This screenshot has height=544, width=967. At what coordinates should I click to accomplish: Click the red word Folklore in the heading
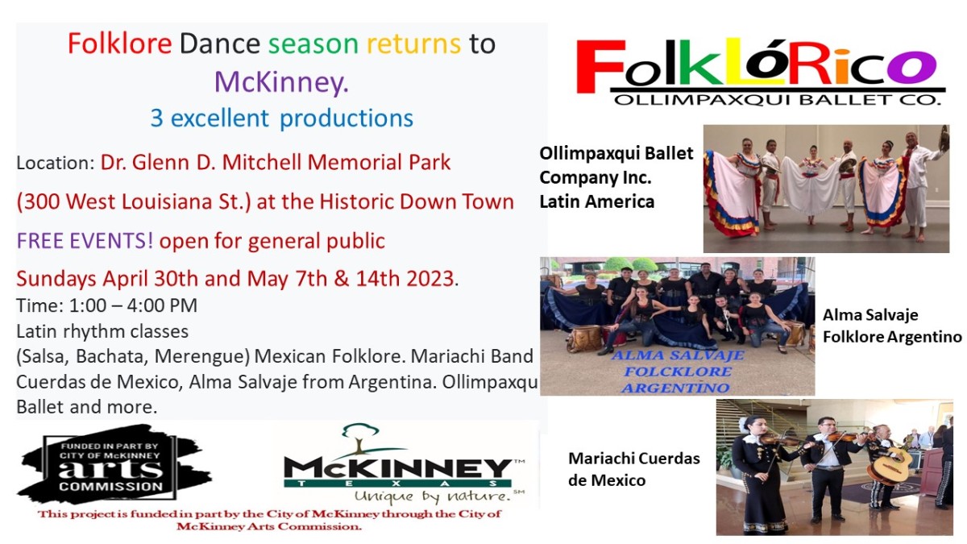(119, 44)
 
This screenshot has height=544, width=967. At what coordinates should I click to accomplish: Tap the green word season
(313, 44)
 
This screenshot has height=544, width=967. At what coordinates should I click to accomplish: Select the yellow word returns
(413, 44)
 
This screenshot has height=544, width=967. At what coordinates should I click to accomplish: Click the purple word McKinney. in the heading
(281, 82)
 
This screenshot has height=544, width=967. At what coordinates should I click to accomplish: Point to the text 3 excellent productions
(281, 118)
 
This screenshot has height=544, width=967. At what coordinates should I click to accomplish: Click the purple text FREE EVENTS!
(85, 241)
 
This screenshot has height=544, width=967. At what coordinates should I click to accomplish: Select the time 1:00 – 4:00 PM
(133, 305)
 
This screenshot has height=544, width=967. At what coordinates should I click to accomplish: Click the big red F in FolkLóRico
(600, 66)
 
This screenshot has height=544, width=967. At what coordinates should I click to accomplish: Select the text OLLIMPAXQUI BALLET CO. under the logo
(777, 100)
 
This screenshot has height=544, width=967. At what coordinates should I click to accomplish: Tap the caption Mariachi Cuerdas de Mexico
(633, 469)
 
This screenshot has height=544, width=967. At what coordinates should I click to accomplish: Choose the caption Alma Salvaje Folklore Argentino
(892, 326)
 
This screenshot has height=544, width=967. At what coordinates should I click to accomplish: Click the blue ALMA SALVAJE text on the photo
(678, 355)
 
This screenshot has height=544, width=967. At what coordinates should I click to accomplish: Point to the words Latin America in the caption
(597, 201)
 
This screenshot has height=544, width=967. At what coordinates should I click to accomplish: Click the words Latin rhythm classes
(102, 331)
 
